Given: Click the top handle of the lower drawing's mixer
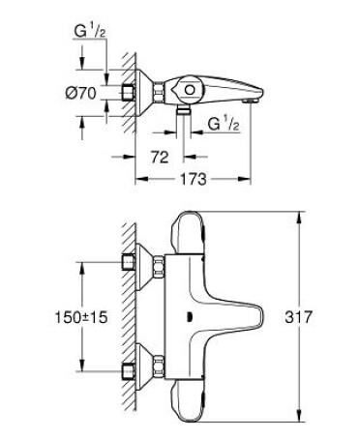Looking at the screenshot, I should pyautogui.click(x=189, y=228).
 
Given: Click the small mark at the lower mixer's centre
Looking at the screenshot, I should pyautogui.click(x=190, y=315).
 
